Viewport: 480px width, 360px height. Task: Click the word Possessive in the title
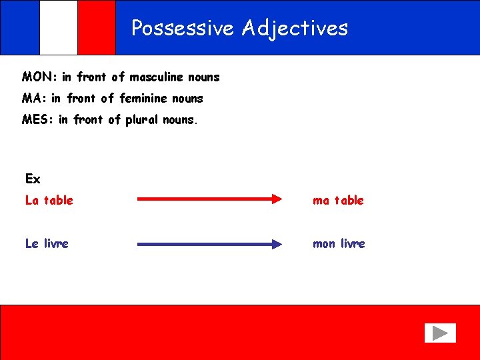pos(183,28)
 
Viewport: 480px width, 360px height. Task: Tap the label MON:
pos(39,77)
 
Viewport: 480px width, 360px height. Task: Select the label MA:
pos(34,99)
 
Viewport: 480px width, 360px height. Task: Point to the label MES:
pos(37,120)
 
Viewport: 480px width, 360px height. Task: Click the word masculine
pos(158,77)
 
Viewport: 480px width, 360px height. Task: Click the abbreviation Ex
pos(33,179)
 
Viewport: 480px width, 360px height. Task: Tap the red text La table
pos(49,200)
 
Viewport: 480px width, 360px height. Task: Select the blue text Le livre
pos(47,243)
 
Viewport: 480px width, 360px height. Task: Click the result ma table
pos(338,200)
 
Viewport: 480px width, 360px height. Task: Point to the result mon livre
pos(339,243)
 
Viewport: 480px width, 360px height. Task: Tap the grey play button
pos(440,333)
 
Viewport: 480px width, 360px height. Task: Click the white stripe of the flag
pos(59,27)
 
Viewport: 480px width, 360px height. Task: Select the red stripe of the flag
pos(97,27)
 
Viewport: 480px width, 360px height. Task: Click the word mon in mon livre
pos(324,243)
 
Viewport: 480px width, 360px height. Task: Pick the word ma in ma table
pos(321,200)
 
